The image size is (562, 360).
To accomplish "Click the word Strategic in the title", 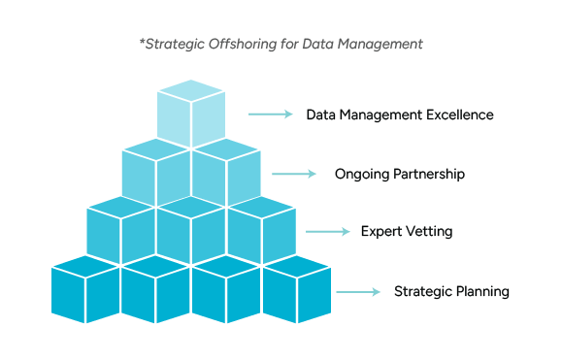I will coord(175,45).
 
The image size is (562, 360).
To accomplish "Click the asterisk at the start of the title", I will coord(143,43).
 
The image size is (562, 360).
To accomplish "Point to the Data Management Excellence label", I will coord(400,115).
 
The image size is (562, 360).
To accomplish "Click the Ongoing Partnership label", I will coord(399,175).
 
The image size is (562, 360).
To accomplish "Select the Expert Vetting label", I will coord(407,232).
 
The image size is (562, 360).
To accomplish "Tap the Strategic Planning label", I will coord(451,291).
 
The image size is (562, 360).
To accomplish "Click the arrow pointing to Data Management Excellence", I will coord(270,115).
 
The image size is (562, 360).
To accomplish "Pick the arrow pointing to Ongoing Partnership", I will coord(294,175).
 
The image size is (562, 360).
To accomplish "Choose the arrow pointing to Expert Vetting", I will coord(328,232).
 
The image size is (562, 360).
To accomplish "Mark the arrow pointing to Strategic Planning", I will coord(358,291).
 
